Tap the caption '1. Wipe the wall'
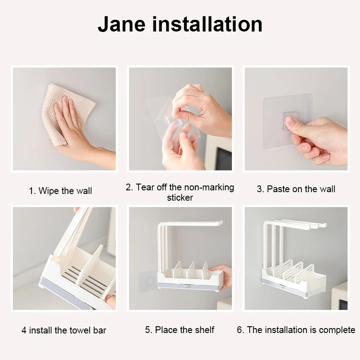[x=60, y=191]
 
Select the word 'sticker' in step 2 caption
[x=180, y=198]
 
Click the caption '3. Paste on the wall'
[x=296, y=189]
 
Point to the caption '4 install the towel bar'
[x=64, y=330]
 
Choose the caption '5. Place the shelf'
[x=180, y=330]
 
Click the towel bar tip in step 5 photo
[x=219, y=223]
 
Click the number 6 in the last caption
[x=239, y=330]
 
